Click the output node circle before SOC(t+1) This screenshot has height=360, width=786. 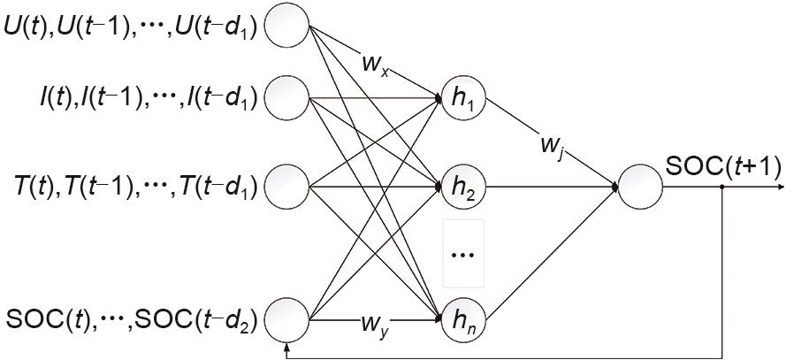pyautogui.click(x=640, y=188)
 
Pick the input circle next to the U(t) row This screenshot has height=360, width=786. pyautogui.click(x=286, y=27)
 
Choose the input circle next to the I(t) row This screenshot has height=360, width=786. pyautogui.click(x=286, y=97)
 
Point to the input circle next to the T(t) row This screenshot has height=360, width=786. pyautogui.click(x=286, y=187)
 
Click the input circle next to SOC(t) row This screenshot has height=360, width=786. pyautogui.click(x=286, y=317)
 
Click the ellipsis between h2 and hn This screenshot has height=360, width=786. pyautogui.click(x=462, y=255)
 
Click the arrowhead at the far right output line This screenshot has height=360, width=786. pyautogui.click(x=779, y=188)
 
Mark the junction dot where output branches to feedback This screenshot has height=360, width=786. pyautogui.click(x=723, y=188)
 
